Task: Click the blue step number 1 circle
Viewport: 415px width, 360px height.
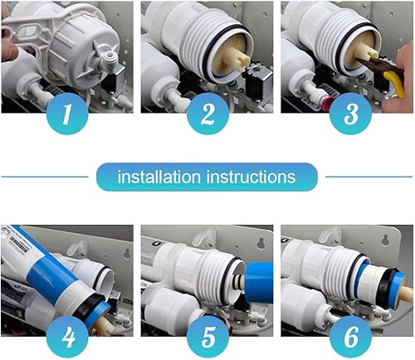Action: tap(67, 114)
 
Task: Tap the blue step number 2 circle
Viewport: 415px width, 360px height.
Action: tap(207, 114)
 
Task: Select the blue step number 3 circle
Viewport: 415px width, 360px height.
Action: tap(350, 114)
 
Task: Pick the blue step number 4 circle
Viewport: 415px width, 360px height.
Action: tap(67, 337)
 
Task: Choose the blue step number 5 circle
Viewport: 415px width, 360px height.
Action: tap(207, 337)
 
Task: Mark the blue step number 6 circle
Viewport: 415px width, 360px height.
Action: tap(350, 337)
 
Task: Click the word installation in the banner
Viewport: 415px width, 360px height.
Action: tap(159, 177)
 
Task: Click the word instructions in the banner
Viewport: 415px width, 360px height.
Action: tap(251, 177)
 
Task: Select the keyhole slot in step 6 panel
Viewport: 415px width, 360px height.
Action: tap(385, 241)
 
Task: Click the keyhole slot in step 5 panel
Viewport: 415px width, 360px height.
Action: tap(261, 242)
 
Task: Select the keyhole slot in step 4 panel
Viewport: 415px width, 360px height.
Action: tap(126, 254)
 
